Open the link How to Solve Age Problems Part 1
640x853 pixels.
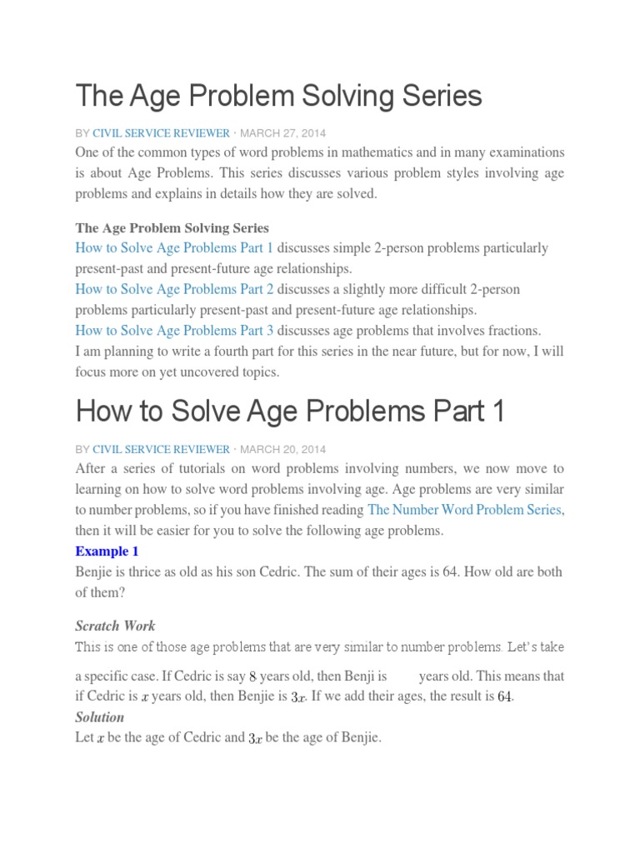174,248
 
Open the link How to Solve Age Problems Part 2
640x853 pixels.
174,289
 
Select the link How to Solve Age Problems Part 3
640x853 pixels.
174,330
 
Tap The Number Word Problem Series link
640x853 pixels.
465,510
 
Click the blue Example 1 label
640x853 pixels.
107,551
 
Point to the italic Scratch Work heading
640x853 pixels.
115,626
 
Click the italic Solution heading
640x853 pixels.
99,717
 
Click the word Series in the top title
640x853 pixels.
442,97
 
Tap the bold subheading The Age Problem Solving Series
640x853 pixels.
172,227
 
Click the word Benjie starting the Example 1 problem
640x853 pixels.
95,572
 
